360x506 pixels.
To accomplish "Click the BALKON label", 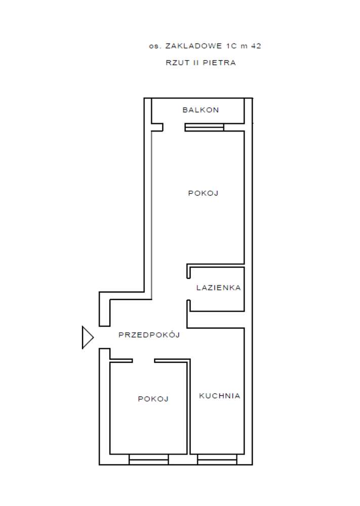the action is pos(201,110).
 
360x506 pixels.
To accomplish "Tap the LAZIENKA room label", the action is pos(219,287).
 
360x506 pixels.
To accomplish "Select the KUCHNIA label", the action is pos(220,396).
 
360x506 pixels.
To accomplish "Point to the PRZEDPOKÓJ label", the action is pos(149,334).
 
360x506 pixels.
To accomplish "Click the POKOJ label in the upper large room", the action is pos(203,193).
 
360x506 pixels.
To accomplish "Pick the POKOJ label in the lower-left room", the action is pos(153,399).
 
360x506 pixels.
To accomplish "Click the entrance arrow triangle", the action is pos(88,338).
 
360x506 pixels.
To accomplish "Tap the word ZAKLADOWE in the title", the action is pos(194,46).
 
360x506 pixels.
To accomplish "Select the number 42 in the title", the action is pos(256,46).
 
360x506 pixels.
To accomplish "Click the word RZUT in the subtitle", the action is pos(178,63).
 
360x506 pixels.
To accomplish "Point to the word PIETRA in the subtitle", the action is pos(219,63).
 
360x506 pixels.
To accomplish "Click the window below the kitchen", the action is pos(217,459).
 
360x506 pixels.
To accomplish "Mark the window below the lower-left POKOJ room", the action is pos(148,459).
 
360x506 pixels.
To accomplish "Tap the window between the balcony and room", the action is pos(204,128).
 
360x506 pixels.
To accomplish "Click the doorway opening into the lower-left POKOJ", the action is pos(143,361).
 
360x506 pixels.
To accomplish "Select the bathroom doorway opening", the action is pos(188,289).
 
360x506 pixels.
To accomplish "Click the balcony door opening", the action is pos(174,127).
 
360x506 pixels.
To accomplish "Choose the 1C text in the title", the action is pos(231,46).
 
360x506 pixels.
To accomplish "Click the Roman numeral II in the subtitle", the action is pos(196,63).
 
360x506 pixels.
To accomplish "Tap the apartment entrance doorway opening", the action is pos(104,337).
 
